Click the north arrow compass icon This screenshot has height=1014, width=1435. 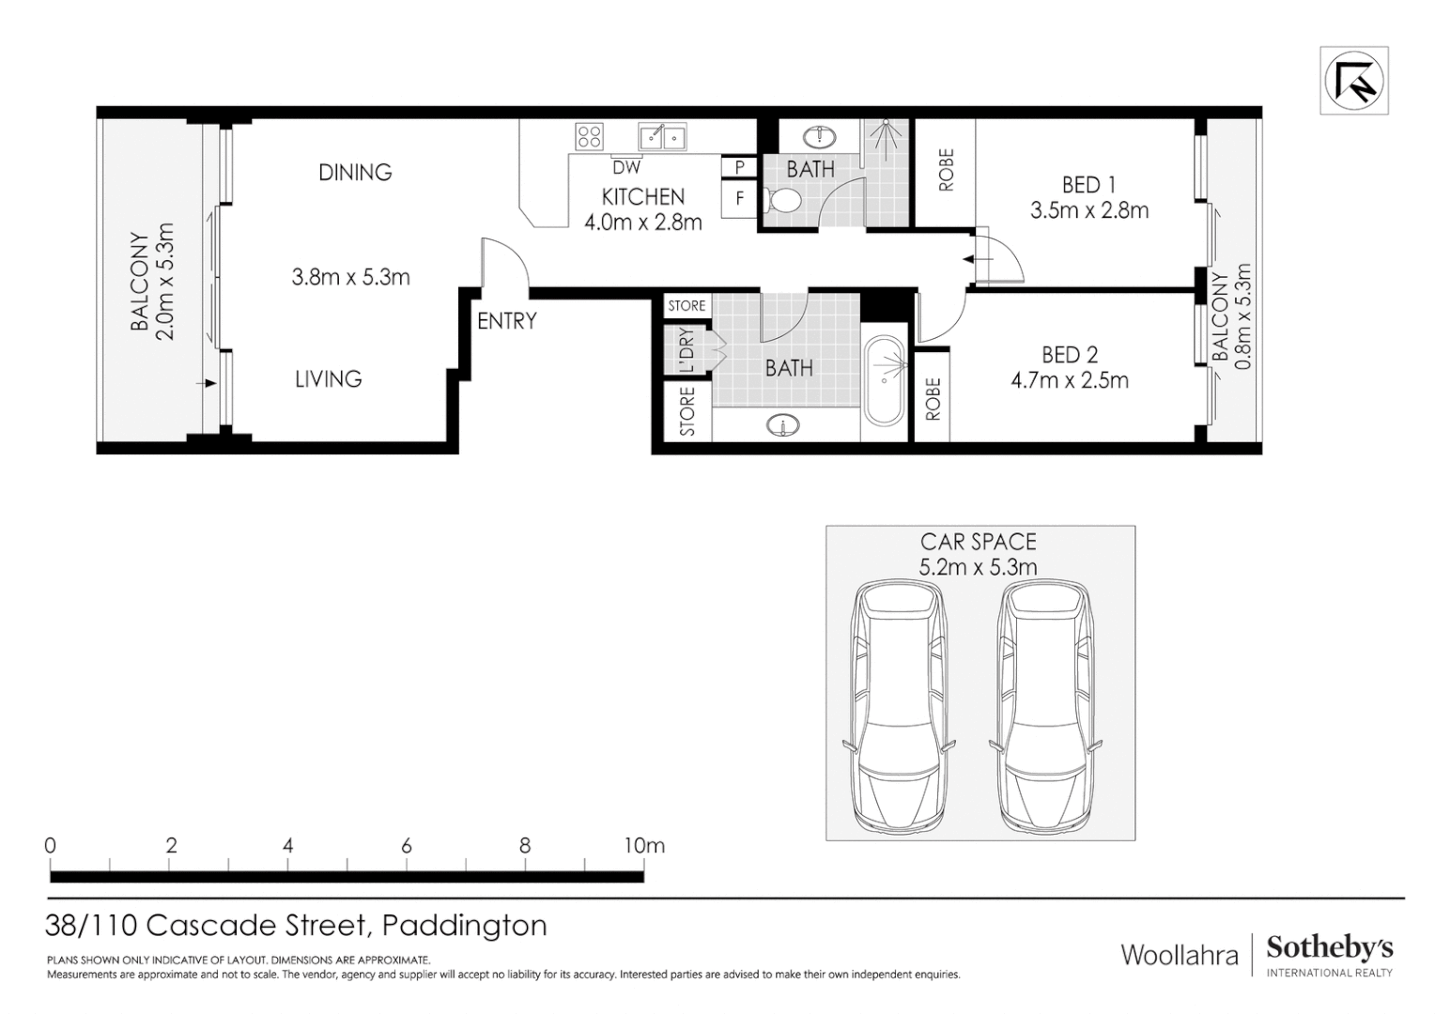[1353, 81]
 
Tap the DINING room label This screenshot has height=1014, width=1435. [355, 173]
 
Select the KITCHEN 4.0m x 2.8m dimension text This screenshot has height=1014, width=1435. [643, 223]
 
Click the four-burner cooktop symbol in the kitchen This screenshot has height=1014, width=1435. [590, 137]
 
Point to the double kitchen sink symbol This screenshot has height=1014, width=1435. [662, 137]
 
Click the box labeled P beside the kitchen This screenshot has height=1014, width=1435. [740, 168]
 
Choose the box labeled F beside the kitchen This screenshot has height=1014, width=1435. [740, 199]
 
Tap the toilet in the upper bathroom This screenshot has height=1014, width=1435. [781, 200]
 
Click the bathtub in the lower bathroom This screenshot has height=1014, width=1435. [884, 381]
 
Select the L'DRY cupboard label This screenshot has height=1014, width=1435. [687, 350]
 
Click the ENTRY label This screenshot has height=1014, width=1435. [507, 321]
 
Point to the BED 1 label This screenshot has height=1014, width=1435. [1088, 185]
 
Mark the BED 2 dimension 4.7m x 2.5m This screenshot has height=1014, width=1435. [1070, 380]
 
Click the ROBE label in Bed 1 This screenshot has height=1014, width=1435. [946, 171]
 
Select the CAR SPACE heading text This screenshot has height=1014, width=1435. [979, 542]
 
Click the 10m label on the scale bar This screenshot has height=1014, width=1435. [644, 845]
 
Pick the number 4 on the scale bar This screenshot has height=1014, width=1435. [288, 845]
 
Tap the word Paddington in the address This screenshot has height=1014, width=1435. [465, 926]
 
